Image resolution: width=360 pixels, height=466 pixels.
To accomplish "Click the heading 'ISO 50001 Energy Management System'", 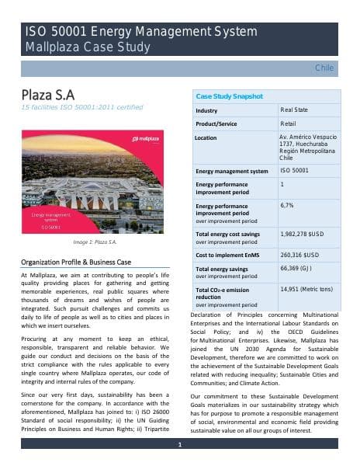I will pyautogui.click(x=140, y=32).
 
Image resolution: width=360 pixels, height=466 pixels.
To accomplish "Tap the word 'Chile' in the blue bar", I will pyautogui.click(x=324, y=68).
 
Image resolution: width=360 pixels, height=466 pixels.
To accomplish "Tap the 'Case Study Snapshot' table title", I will pyautogui.click(x=230, y=96).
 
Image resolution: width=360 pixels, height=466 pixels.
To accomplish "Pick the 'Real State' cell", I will pyautogui.click(x=293, y=110).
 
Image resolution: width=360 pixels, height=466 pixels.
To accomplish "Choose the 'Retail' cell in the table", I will pyautogui.click(x=288, y=123).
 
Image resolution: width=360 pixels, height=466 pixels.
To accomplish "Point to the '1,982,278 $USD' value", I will pyautogui.click(x=305, y=233).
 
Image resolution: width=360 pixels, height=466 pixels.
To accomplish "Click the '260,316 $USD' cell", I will pyautogui.click(x=299, y=254).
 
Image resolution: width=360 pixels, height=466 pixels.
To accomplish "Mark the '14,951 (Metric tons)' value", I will pyautogui.click(x=306, y=288).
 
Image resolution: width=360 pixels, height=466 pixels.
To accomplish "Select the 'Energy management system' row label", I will pyautogui.click(x=232, y=171).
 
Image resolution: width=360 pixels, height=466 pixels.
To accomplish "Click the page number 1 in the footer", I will pyautogui.click(x=179, y=444).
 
